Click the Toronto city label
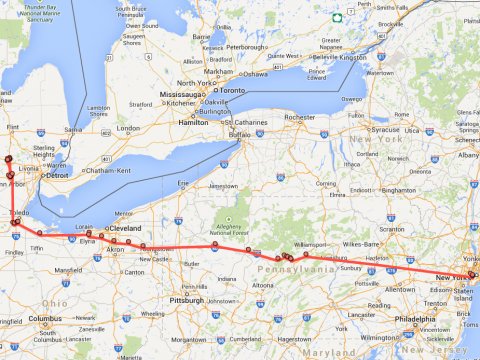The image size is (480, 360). coord(232,90)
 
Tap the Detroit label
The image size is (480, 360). coord(59,175)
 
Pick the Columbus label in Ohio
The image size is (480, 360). coord(44,319)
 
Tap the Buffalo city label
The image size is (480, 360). coord(237,134)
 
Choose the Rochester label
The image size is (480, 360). coord(299,117)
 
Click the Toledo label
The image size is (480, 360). coord(19,214)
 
